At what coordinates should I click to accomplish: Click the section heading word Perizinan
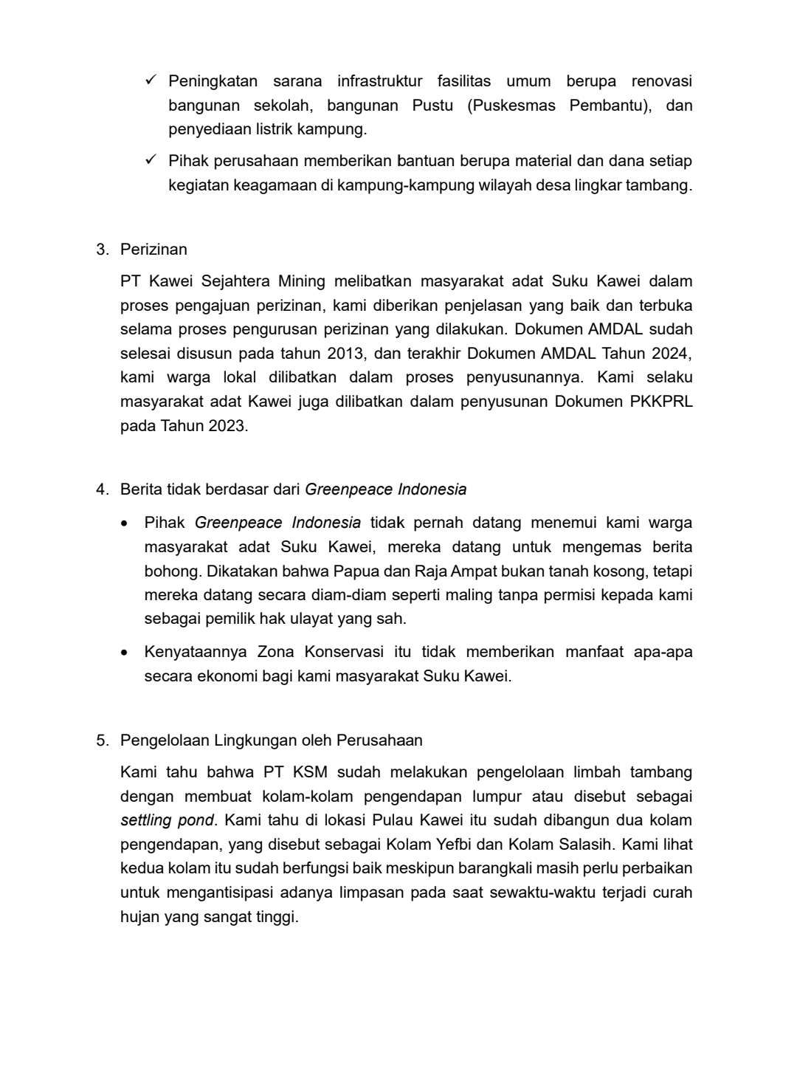tap(153, 249)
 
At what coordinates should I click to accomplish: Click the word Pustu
tap(432, 106)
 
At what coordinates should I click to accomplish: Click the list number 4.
tap(101, 489)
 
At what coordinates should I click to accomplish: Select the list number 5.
tap(101, 740)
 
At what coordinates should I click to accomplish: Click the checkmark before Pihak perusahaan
tap(151, 159)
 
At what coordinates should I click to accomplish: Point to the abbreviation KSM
tap(310, 772)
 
